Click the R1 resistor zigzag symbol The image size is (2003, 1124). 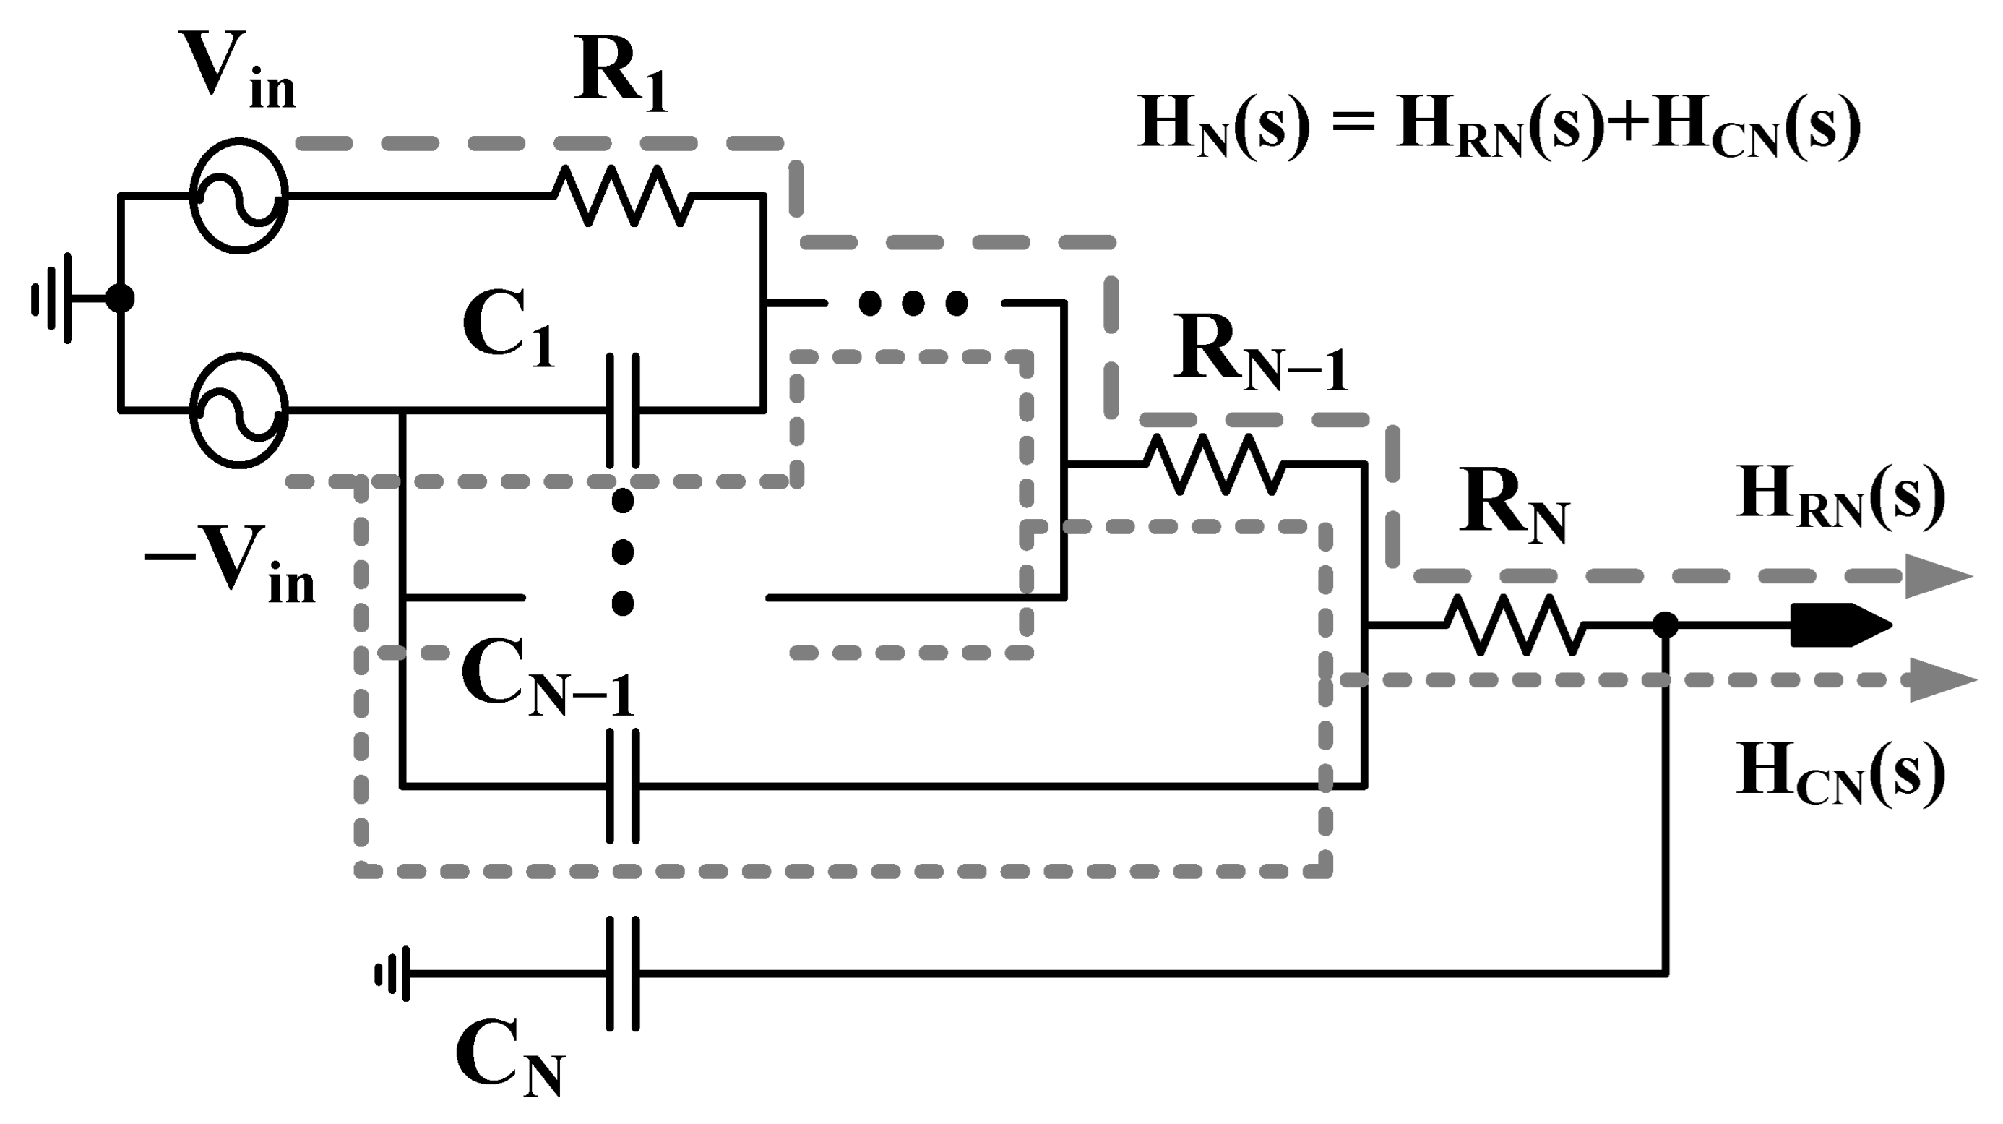click(x=623, y=196)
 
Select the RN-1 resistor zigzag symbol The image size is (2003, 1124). click(x=1214, y=464)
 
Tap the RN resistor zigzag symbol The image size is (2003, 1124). click(x=1515, y=625)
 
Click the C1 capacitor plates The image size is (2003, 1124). click(x=623, y=410)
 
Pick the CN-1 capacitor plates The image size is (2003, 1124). click(x=623, y=786)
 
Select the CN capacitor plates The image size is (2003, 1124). click(x=623, y=973)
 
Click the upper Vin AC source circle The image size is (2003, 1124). click(x=238, y=196)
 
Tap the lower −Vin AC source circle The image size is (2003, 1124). click(x=238, y=410)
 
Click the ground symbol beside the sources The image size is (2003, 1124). click(x=54, y=298)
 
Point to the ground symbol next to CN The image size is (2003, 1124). click(x=393, y=973)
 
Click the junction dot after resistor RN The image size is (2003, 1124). click(x=1665, y=625)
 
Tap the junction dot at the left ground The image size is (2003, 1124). click(x=120, y=298)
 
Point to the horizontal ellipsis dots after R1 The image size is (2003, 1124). click(x=913, y=304)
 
